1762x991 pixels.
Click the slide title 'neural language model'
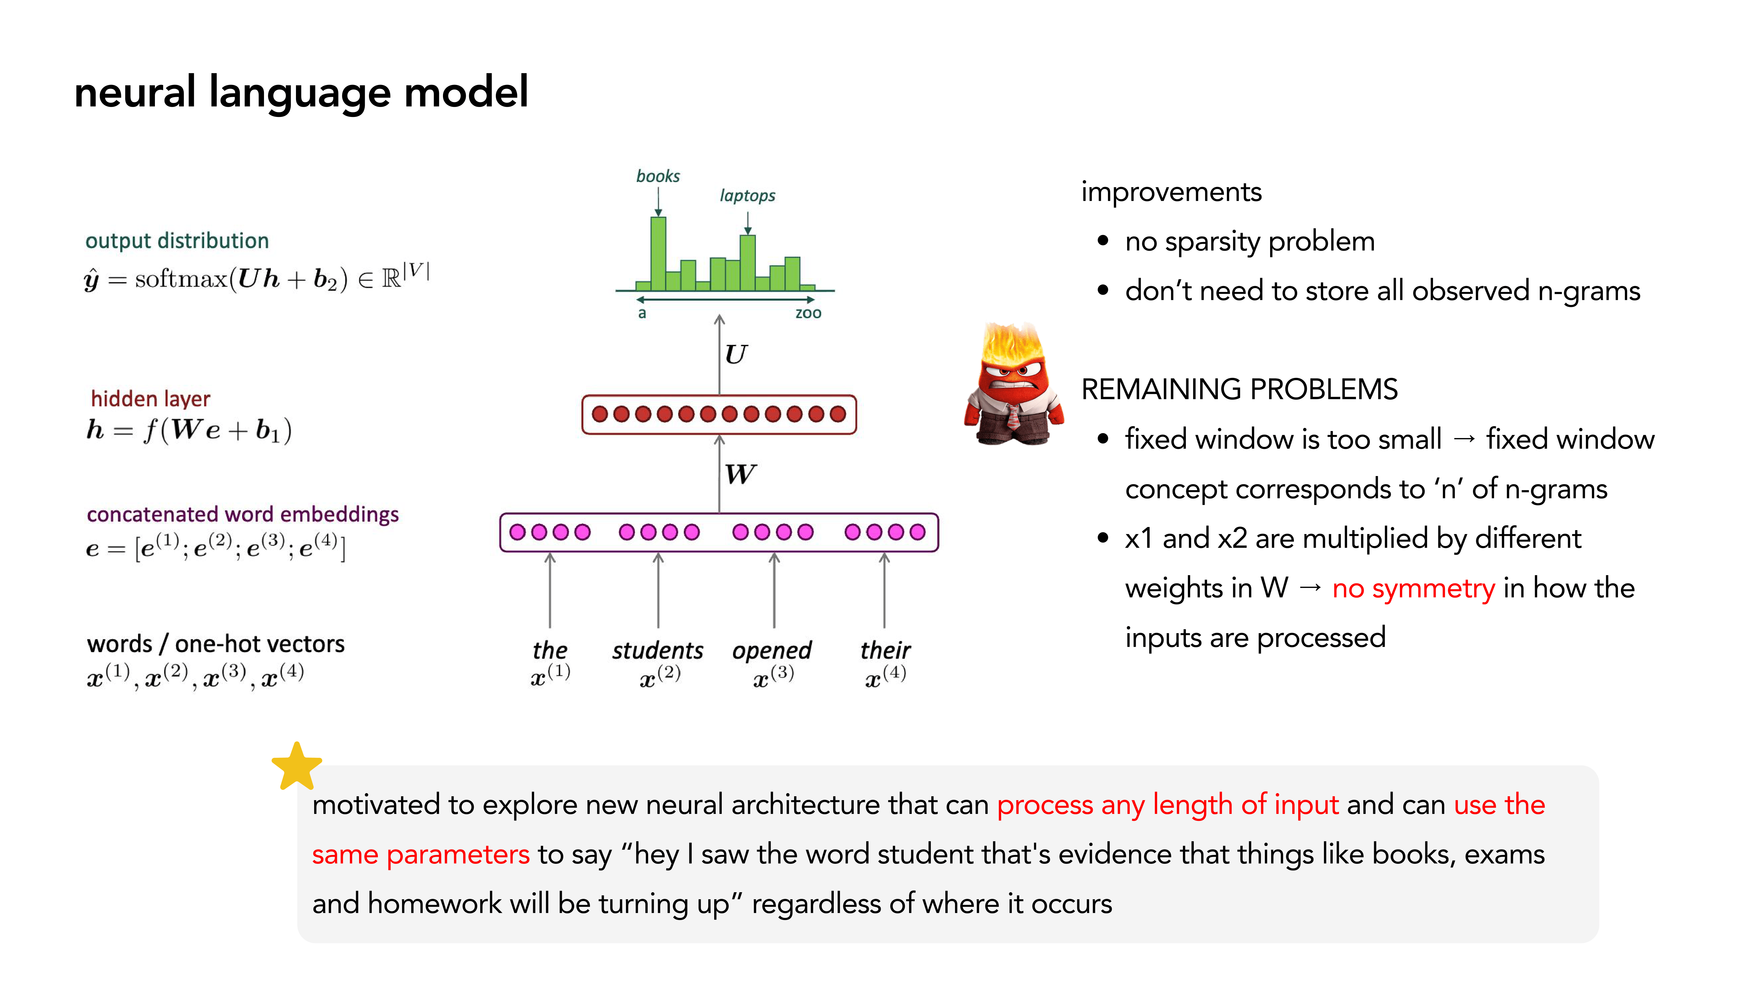point(301,92)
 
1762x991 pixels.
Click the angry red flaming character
point(1014,386)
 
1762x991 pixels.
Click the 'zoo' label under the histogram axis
point(808,313)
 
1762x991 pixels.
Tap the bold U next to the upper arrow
point(736,354)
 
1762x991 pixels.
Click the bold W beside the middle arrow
point(740,474)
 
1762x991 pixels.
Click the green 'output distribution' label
point(176,241)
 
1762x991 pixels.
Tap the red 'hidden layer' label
point(151,399)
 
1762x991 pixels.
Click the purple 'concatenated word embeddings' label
point(242,514)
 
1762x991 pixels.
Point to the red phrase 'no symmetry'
point(1413,588)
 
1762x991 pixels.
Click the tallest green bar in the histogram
point(658,253)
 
